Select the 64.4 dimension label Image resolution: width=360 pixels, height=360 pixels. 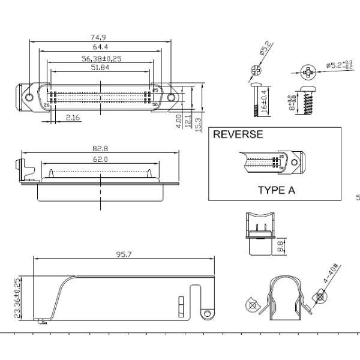[x=100, y=46]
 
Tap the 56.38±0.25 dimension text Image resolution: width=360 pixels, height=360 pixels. [x=102, y=58]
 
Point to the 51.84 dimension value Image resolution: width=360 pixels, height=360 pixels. [x=100, y=67]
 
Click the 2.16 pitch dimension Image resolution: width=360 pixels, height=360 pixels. [x=73, y=118]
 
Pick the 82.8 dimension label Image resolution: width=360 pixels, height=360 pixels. [x=100, y=148]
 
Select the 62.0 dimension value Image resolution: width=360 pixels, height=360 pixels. [x=100, y=159]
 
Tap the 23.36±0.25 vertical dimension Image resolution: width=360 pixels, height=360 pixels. [x=17, y=297]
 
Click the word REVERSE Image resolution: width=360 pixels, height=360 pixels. [x=238, y=134]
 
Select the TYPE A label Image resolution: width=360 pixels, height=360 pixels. [x=277, y=191]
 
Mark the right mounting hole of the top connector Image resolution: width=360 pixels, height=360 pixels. [x=171, y=97]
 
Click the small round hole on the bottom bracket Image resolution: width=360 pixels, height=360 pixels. [x=207, y=314]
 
